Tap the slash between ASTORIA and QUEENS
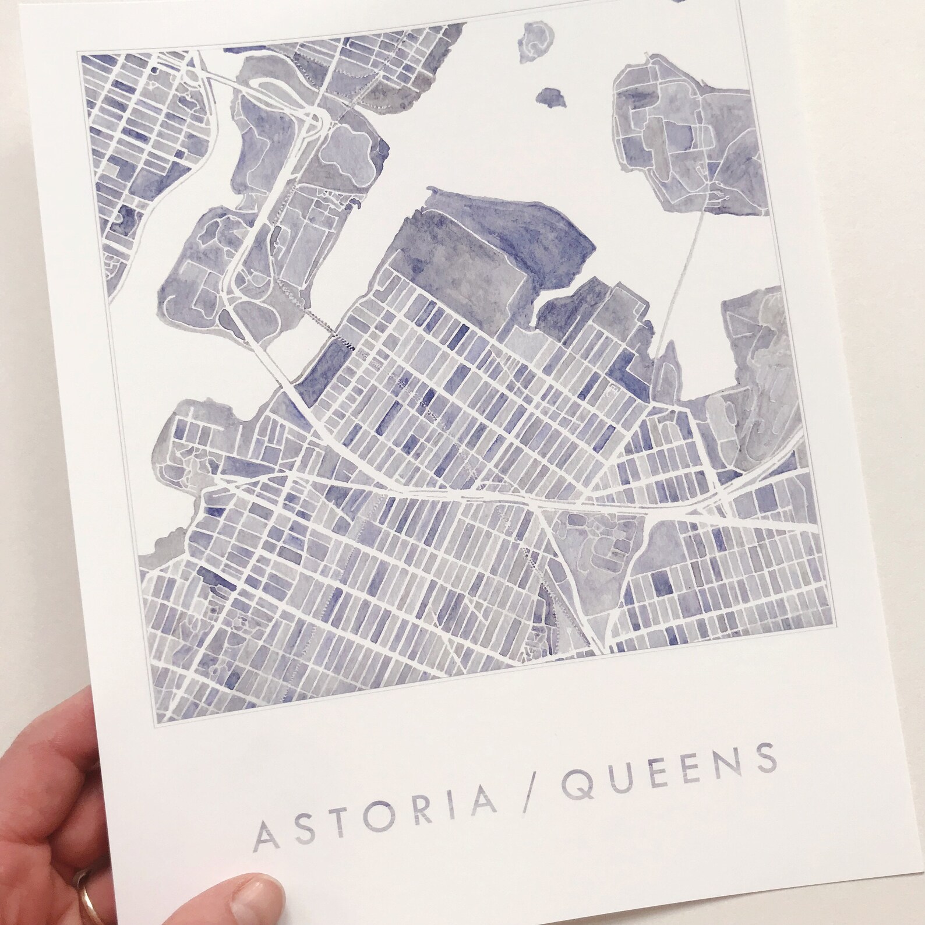coord(517,793)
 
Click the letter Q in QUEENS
coord(574,784)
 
